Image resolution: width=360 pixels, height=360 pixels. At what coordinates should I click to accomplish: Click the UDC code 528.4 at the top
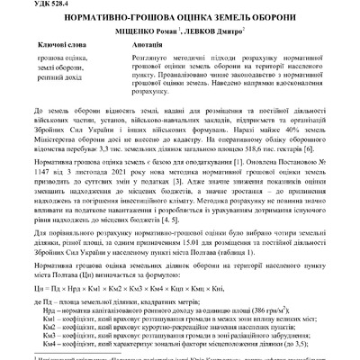[28, 4]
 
